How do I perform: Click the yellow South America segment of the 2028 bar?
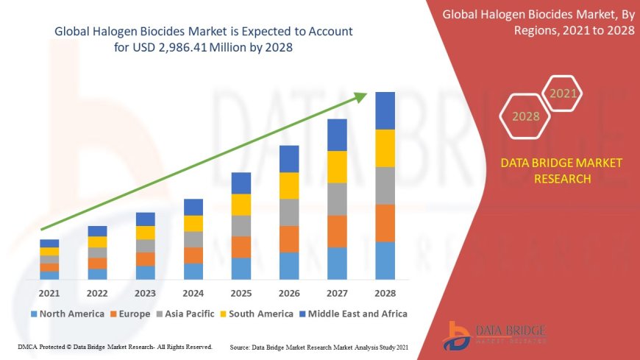point(385,148)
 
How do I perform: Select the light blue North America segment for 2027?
point(337,263)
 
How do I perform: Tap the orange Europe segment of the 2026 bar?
point(289,239)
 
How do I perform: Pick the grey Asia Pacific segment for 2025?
point(241,225)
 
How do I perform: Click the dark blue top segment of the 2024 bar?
point(193,207)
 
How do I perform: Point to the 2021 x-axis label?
point(49,293)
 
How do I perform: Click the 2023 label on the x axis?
point(146,293)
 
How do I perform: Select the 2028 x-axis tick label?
point(385,293)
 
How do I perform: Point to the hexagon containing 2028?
point(526,116)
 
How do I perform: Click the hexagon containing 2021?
point(564,93)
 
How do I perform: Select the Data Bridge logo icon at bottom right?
point(459,335)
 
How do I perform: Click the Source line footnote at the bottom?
point(319,346)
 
